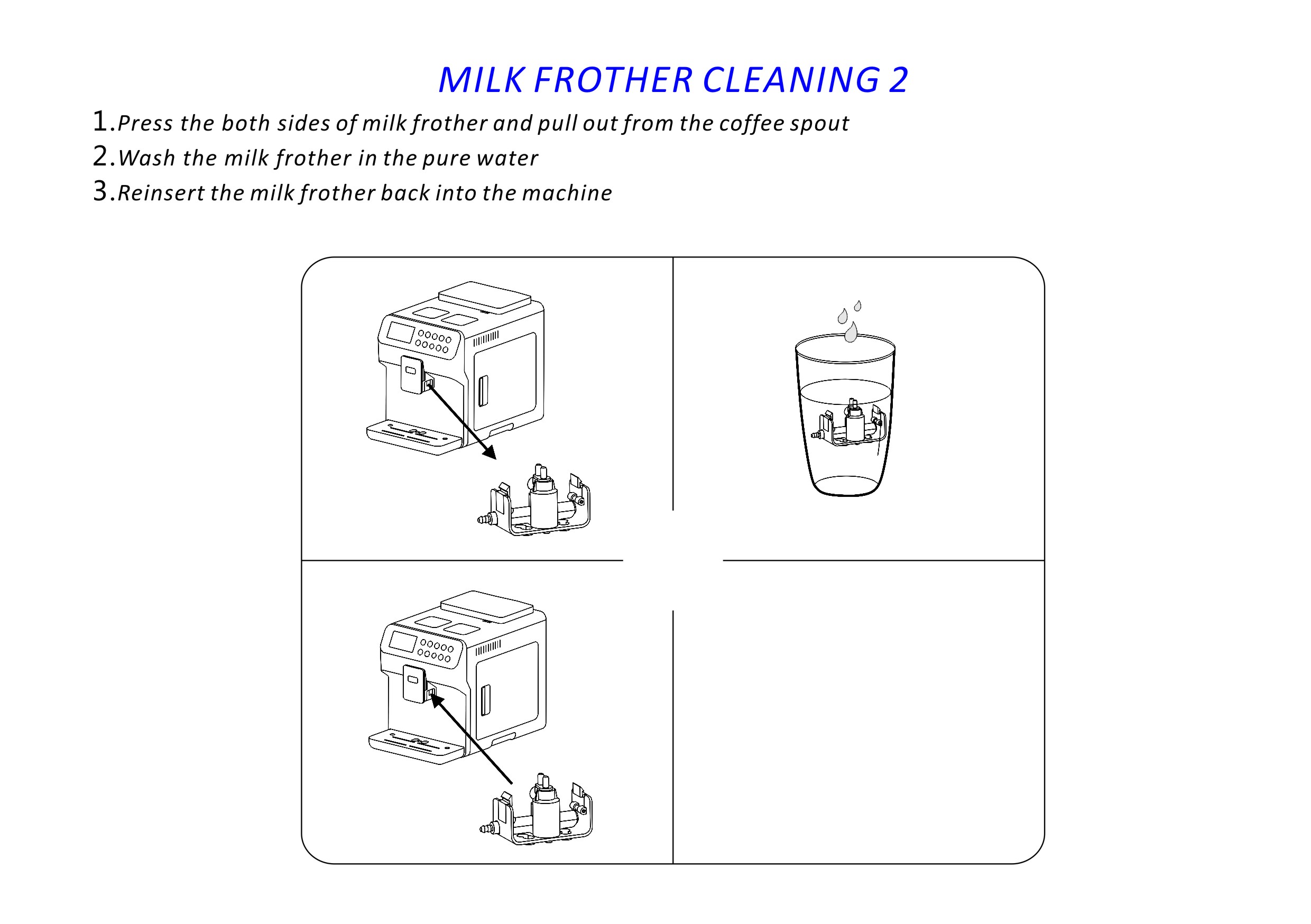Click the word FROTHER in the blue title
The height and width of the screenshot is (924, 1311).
(x=614, y=79)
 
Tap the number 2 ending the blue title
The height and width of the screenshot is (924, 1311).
(x=898, y=79)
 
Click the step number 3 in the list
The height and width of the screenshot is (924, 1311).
(x=100, y=191)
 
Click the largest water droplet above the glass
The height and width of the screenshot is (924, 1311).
(x=851, y=332)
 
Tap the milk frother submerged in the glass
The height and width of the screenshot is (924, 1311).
(x=847, y=422)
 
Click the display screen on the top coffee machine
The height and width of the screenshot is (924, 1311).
(x=400, y=332)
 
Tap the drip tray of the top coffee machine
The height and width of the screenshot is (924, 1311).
(x=414, y=437)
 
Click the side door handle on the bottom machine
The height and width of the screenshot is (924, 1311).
(x=485, y=699)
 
